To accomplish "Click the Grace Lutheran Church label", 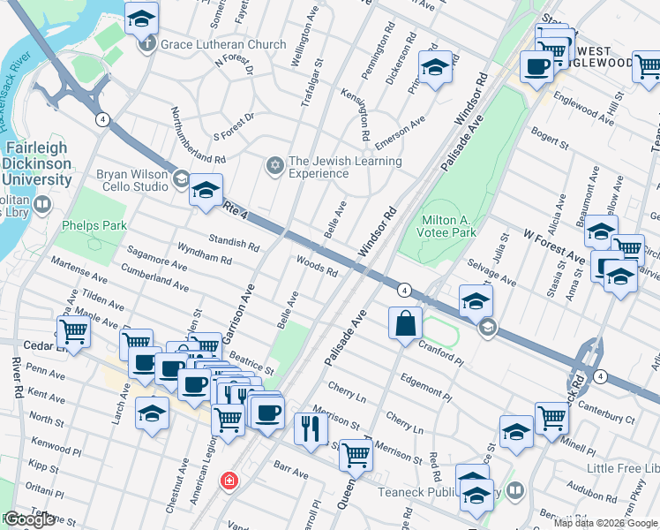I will (223, 44).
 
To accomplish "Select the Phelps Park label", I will (94, 225).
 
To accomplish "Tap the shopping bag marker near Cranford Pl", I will (405, 323).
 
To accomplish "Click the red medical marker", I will (230, 480).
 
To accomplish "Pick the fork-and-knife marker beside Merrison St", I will (311, 428).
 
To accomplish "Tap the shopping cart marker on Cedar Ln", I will (74, 333).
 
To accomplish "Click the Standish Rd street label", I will (234, 245).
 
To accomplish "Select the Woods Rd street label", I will (318, 266).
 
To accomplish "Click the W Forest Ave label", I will (553, 247).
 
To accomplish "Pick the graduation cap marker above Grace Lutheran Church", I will (141, 17).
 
